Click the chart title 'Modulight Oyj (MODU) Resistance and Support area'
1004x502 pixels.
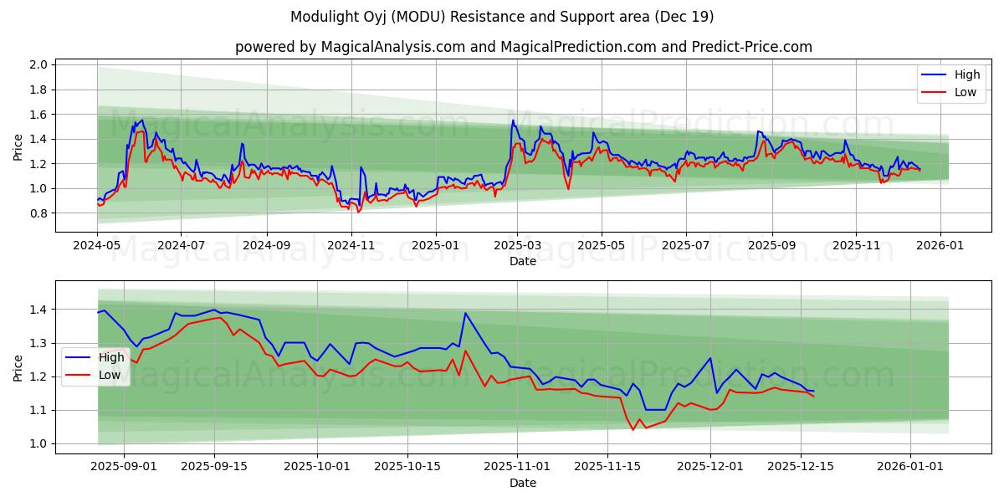(502, 17)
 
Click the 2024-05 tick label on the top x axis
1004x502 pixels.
(97, 246)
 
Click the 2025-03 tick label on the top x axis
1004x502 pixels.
(517, 246)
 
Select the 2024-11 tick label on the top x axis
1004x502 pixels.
(351, 246)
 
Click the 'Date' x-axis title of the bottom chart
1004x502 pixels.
(523, 483)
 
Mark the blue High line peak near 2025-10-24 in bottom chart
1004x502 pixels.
(465, 313)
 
